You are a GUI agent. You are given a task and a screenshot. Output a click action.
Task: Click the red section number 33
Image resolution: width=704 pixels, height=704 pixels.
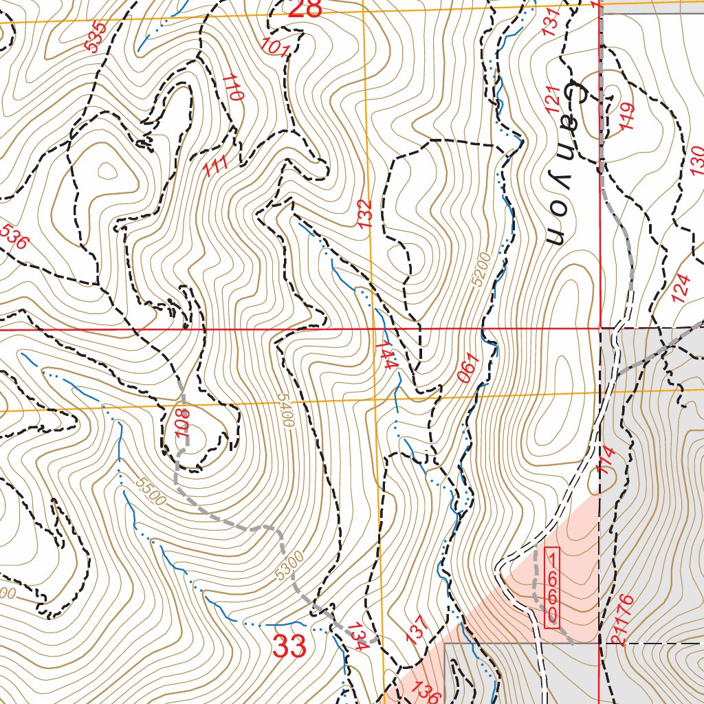289,647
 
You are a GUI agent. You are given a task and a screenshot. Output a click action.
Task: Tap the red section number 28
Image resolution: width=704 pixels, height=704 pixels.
305,9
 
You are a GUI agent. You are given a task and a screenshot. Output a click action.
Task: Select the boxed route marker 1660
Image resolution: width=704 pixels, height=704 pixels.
552,587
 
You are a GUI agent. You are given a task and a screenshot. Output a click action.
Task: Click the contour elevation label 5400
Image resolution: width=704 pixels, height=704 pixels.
285,410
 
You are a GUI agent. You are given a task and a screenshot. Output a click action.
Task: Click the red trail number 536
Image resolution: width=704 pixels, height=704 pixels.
14,237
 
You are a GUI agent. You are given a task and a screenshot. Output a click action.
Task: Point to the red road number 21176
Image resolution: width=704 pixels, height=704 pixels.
621,621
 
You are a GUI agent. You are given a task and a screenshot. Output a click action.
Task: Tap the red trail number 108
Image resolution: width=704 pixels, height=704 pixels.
181,426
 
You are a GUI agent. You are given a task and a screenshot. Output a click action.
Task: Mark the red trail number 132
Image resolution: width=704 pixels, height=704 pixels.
365,213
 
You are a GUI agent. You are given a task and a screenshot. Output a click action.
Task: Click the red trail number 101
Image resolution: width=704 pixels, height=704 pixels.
275,47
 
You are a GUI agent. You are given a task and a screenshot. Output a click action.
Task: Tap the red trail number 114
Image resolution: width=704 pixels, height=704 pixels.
605,459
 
